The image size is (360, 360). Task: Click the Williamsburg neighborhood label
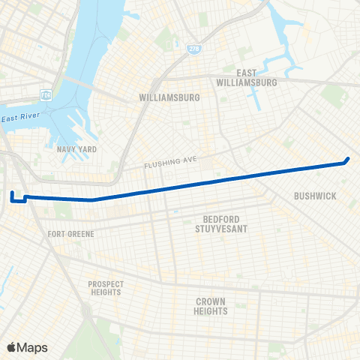click(x=167, y=97)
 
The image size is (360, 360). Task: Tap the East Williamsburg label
click(x=246, y=77)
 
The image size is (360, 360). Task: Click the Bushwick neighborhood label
click(x=314, y=196)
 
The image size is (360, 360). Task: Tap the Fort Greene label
click(x=71, y=234)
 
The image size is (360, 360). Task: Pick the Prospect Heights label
click(x=105, y=288)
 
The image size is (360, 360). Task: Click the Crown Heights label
click(x=211, y=306)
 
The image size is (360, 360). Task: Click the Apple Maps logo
click(x=27, y=346)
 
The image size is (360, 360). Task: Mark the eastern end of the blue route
click(x=348, y=159)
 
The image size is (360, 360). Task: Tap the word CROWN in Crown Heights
click(x=211, y=301)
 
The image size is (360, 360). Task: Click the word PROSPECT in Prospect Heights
click(x=105, y=283)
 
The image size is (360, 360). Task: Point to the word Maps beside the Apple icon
click(x=33, y=346)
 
